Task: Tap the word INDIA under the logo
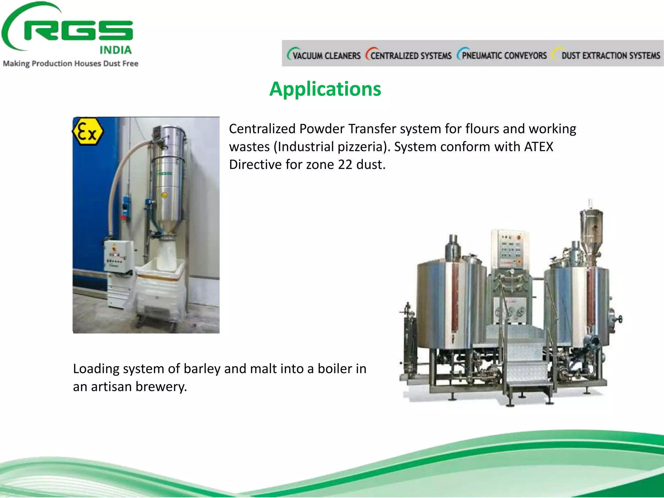tap(115, 50)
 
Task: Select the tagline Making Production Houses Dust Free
tap(71, 64)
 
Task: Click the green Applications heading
tap(325, 89)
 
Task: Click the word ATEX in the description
tap(539, 147)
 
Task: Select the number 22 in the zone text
tap(345, 165)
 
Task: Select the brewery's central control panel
tap(510, 248)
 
